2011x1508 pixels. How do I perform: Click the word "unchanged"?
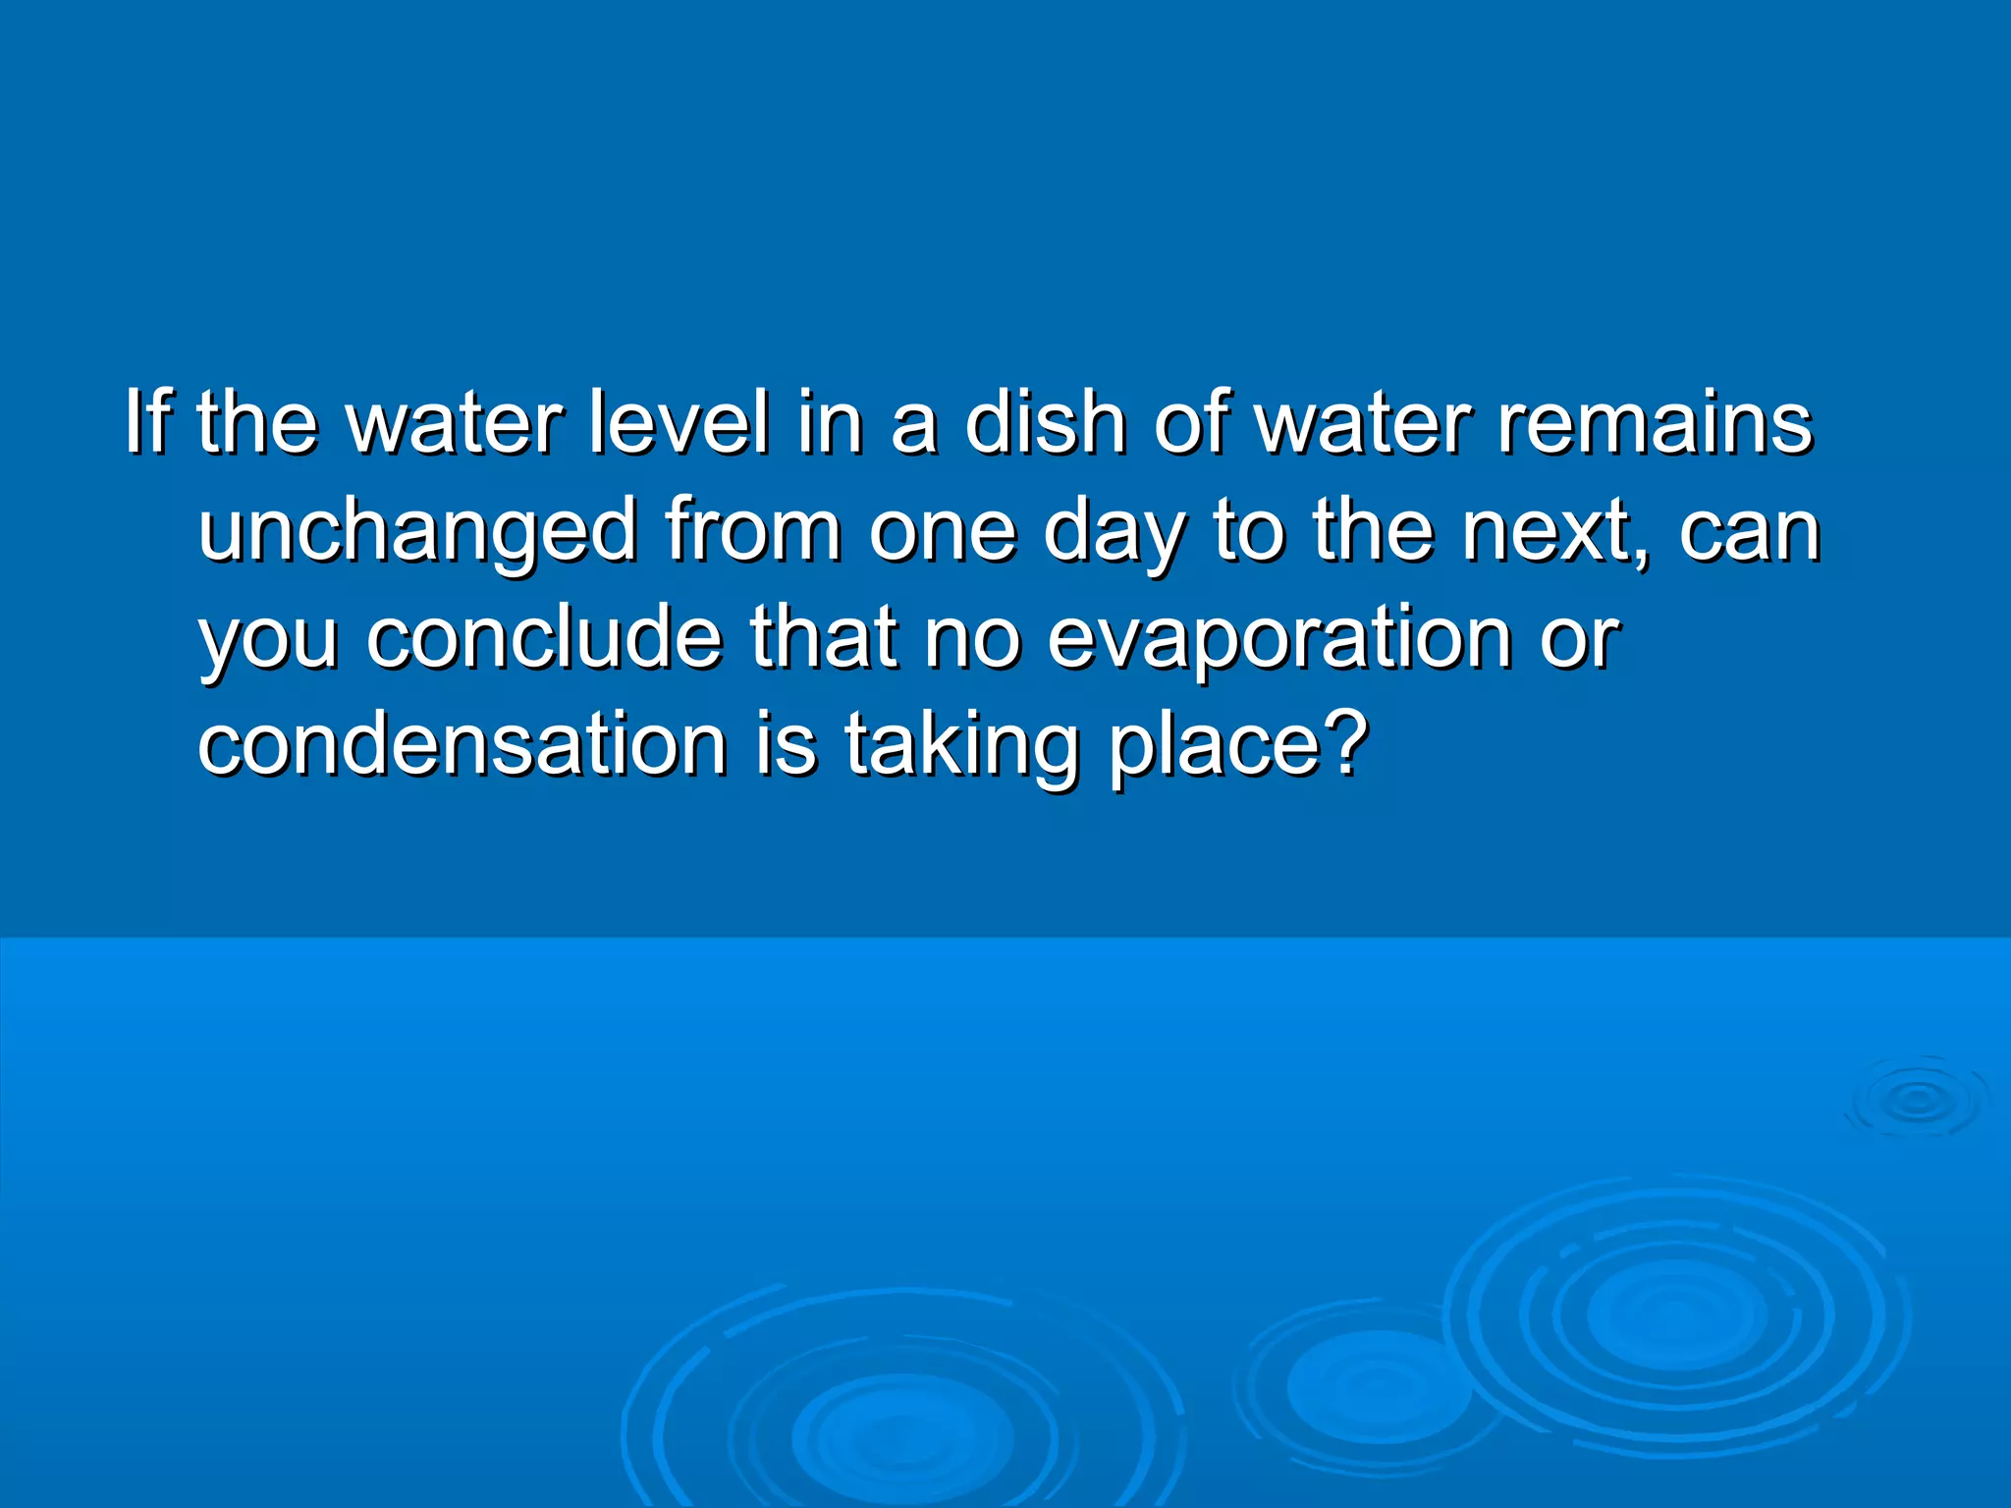418,531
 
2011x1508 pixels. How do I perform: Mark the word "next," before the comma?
1546,531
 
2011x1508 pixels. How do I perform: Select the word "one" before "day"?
942,531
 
